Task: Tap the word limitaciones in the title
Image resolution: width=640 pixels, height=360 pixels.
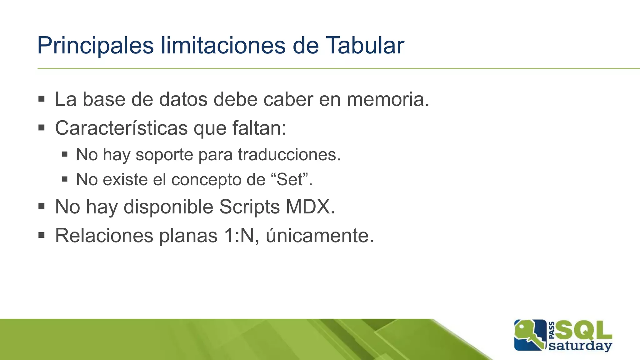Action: point(223,46)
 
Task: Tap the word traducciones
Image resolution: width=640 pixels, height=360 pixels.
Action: point(289,154)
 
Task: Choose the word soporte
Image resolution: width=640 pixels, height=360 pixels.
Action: point(164,155)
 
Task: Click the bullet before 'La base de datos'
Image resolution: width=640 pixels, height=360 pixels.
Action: point(42,99)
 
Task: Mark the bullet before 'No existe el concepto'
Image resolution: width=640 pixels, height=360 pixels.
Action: point(65,179)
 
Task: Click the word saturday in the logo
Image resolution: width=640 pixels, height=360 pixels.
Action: point(580,346)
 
